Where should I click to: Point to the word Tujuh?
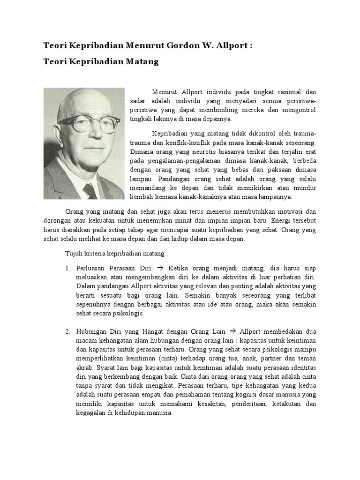(x=73, y=254)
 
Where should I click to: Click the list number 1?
(x=67, y=268)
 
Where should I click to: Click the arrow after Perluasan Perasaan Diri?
(x=159, y=268)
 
